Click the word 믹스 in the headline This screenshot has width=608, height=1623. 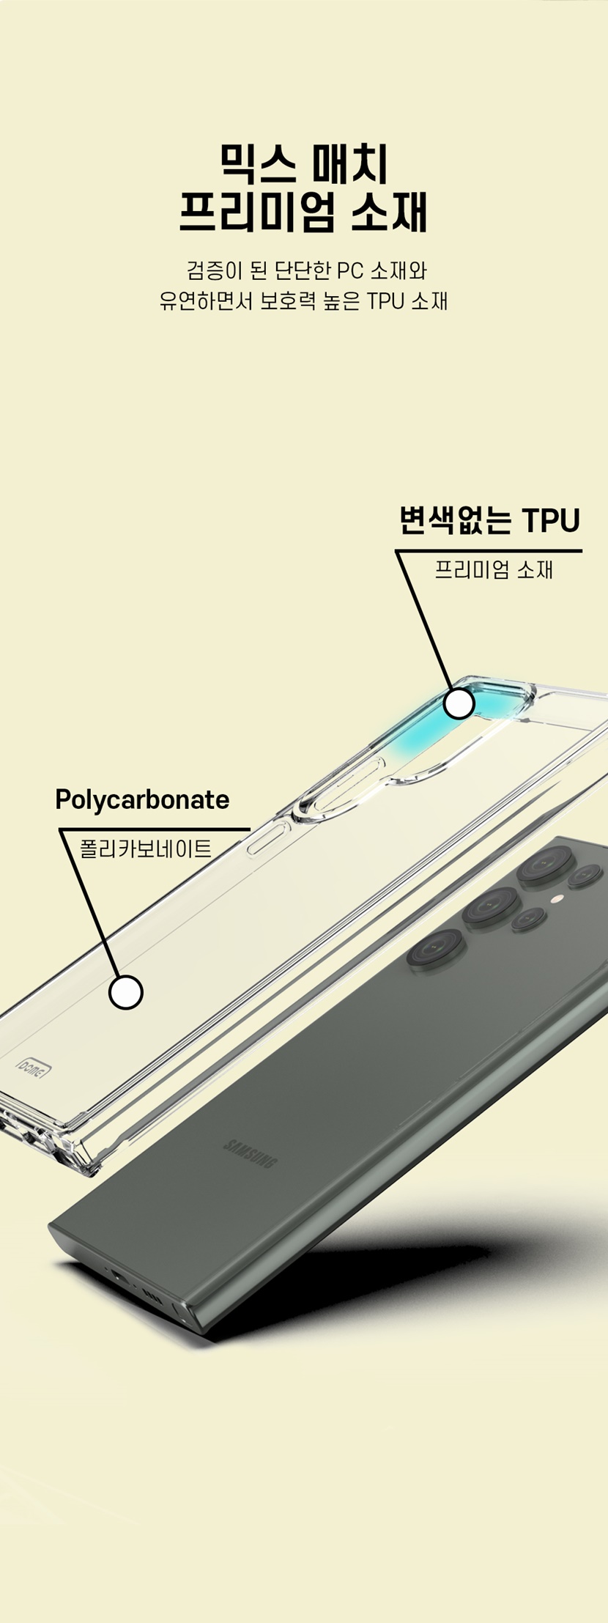pos(256,163)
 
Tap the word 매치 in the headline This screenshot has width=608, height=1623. pos(350,163)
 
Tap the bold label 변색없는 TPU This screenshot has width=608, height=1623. pos(489,520)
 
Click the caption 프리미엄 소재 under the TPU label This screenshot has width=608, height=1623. pos(494,569)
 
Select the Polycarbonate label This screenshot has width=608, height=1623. pos(142,799)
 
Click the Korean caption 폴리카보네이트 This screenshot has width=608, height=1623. pos(145,849)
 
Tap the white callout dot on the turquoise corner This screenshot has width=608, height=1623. pos(459,703)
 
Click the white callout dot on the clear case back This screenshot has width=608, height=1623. pos(126,992)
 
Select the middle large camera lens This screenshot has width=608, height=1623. pos(489,907)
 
